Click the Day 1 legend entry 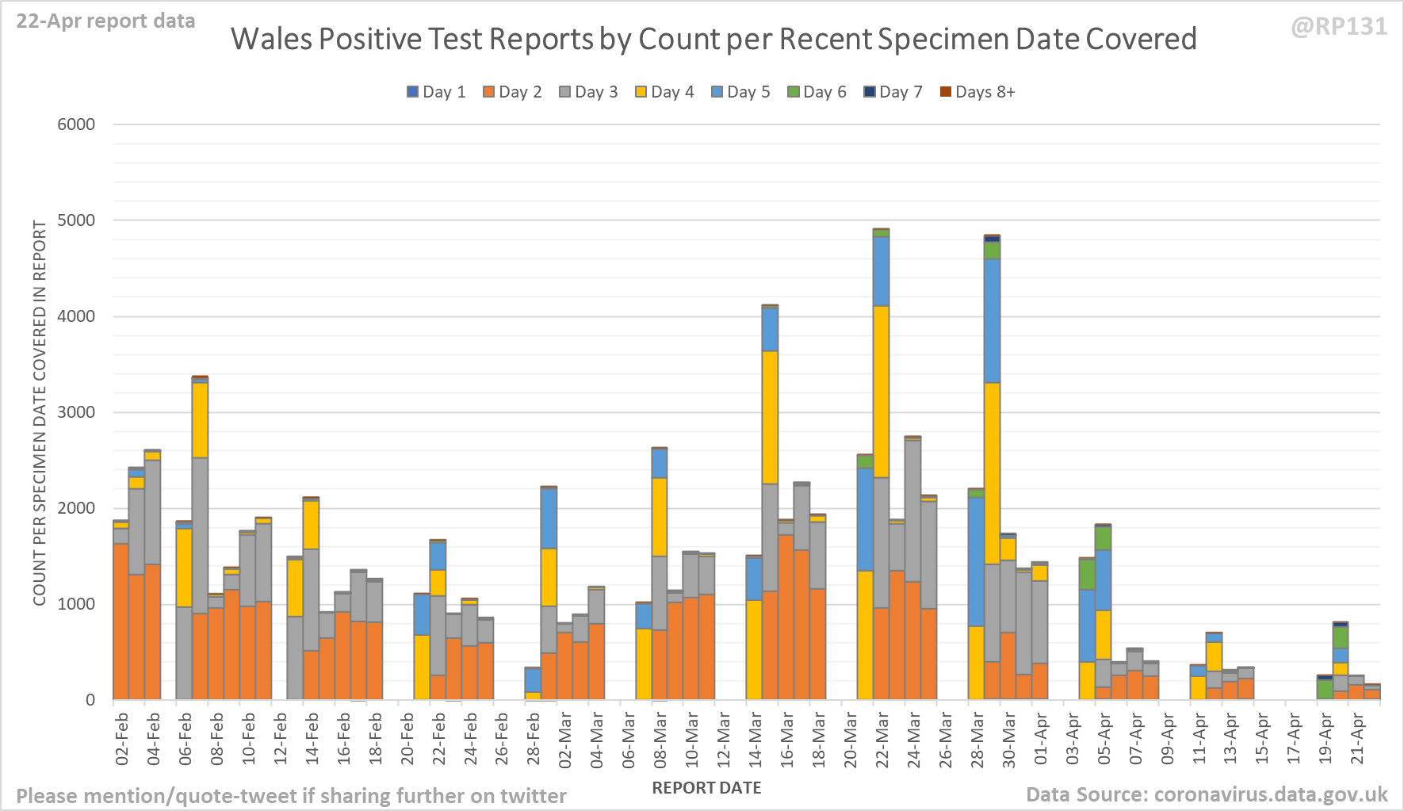436,92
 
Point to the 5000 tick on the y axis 76,220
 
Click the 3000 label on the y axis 76,412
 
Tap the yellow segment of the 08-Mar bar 660,517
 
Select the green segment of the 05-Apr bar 1103,537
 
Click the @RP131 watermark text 1339,27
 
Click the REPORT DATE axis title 706,788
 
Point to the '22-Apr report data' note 105,21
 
